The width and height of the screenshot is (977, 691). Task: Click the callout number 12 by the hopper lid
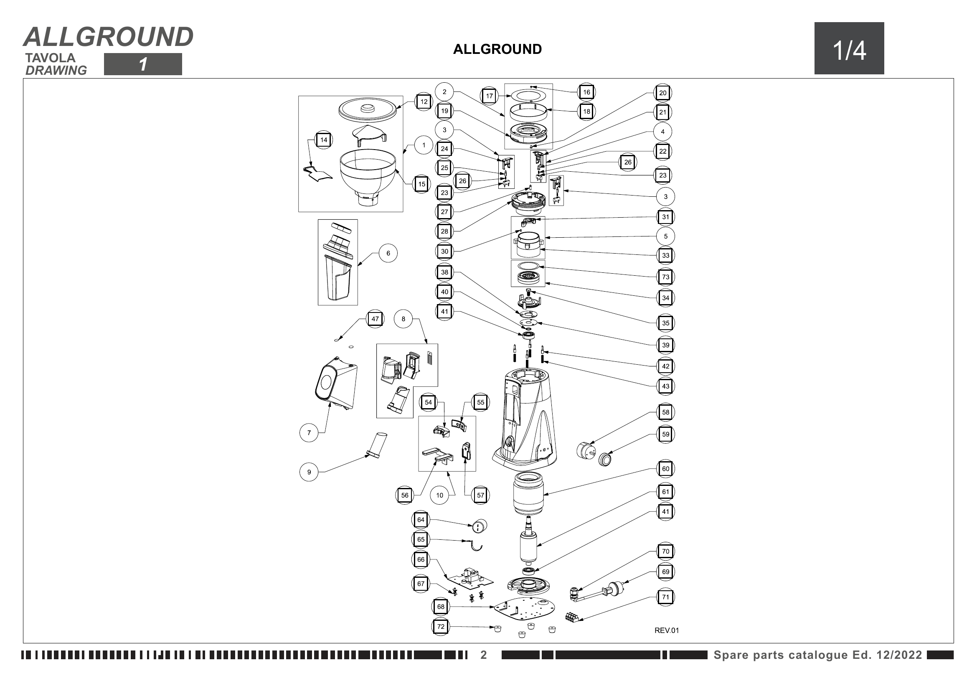click(x=424, y=102)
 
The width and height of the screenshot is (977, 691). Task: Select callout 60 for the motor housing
click(x=665, y=469)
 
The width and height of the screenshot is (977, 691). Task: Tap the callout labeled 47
click(x=375, y=319)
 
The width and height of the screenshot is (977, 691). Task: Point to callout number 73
click(x=665, y=277)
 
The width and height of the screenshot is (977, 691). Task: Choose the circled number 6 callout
click(x=388, y=253)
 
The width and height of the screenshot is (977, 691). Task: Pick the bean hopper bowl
click(x=368, y=175)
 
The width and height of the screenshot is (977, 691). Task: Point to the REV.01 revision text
click(x=666, y=630)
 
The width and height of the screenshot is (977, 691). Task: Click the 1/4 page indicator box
click(x=849, y=48)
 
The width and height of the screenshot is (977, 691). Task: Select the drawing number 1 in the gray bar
click(x=143, y=64)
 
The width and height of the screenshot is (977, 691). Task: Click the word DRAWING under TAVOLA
click(x=56, y=71)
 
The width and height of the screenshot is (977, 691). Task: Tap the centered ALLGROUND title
click(x=497, y=49)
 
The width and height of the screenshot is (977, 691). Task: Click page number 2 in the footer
click(x=483, y=655)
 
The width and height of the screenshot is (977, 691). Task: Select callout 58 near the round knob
click(x=665, y=412)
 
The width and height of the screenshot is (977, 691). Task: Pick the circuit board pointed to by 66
click(x=469, y=579)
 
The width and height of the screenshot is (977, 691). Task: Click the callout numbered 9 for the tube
click(x=309, y=472)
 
